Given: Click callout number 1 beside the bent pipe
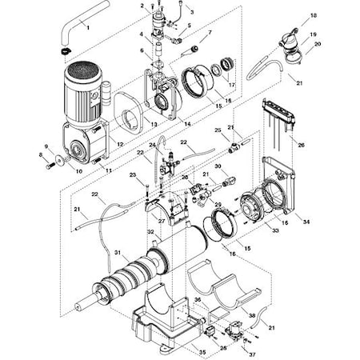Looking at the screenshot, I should click(x=87, y=27).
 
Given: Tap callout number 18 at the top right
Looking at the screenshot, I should click(x=313, y=16).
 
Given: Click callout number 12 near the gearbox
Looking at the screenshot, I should click(x=119, y=143).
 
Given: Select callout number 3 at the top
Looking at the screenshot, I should click(x=190, y=11).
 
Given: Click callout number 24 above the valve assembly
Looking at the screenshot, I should click(x=152, y=145).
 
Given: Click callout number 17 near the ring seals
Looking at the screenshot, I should click(x=232, y=83).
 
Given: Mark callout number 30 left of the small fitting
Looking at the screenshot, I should click(x=194, y=166).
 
